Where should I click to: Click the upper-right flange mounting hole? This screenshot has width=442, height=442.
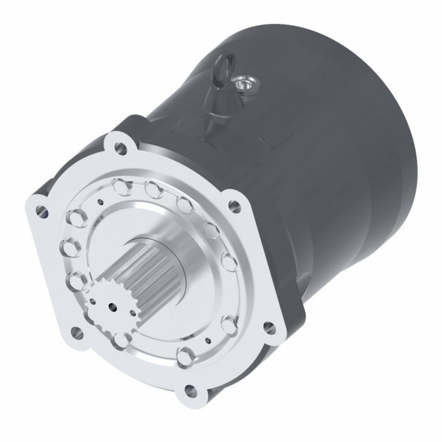tap(235, 205)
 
